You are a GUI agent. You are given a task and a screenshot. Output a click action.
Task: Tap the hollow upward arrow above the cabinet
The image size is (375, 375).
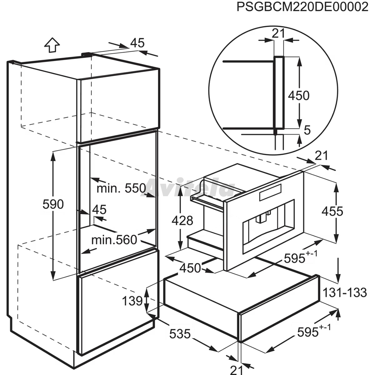click(x=52, y=45)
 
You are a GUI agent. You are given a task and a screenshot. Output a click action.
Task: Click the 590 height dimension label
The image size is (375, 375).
click(x=53, y=204)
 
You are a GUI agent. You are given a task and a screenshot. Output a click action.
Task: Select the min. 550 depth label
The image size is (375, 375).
click(x=121, y=188)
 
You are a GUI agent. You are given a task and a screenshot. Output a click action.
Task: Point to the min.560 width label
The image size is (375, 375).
click(x=114, y=240)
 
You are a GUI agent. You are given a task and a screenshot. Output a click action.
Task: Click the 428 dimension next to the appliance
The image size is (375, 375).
click(x=182, y=220)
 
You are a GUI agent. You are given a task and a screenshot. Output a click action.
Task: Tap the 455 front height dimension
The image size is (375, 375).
click(x=332, y=211)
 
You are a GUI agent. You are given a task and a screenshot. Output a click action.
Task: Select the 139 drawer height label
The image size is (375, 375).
click(x=132, y=301)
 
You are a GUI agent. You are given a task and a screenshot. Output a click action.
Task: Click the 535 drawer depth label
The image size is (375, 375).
click(x=180, y=334)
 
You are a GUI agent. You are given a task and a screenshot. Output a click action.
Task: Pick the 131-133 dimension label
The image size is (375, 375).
click(x=345, y=292)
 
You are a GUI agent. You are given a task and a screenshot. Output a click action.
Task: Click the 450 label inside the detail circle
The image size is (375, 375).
click(x=299, y=95)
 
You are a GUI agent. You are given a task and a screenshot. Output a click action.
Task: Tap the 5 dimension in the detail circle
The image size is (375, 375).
click(x=307, y=130)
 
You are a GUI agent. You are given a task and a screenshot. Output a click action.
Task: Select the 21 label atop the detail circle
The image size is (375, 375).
click(x=278, y=33)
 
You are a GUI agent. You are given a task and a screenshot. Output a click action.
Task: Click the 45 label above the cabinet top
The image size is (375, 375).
click(x=137, y=43)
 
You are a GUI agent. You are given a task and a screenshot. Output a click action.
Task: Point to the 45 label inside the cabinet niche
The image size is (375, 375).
click(x=99, y=210)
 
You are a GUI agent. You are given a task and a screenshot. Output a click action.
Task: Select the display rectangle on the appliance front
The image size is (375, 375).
click(x=270, y=192)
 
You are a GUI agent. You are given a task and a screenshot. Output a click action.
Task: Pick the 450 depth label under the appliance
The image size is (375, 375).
click(x=190, y=268)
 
